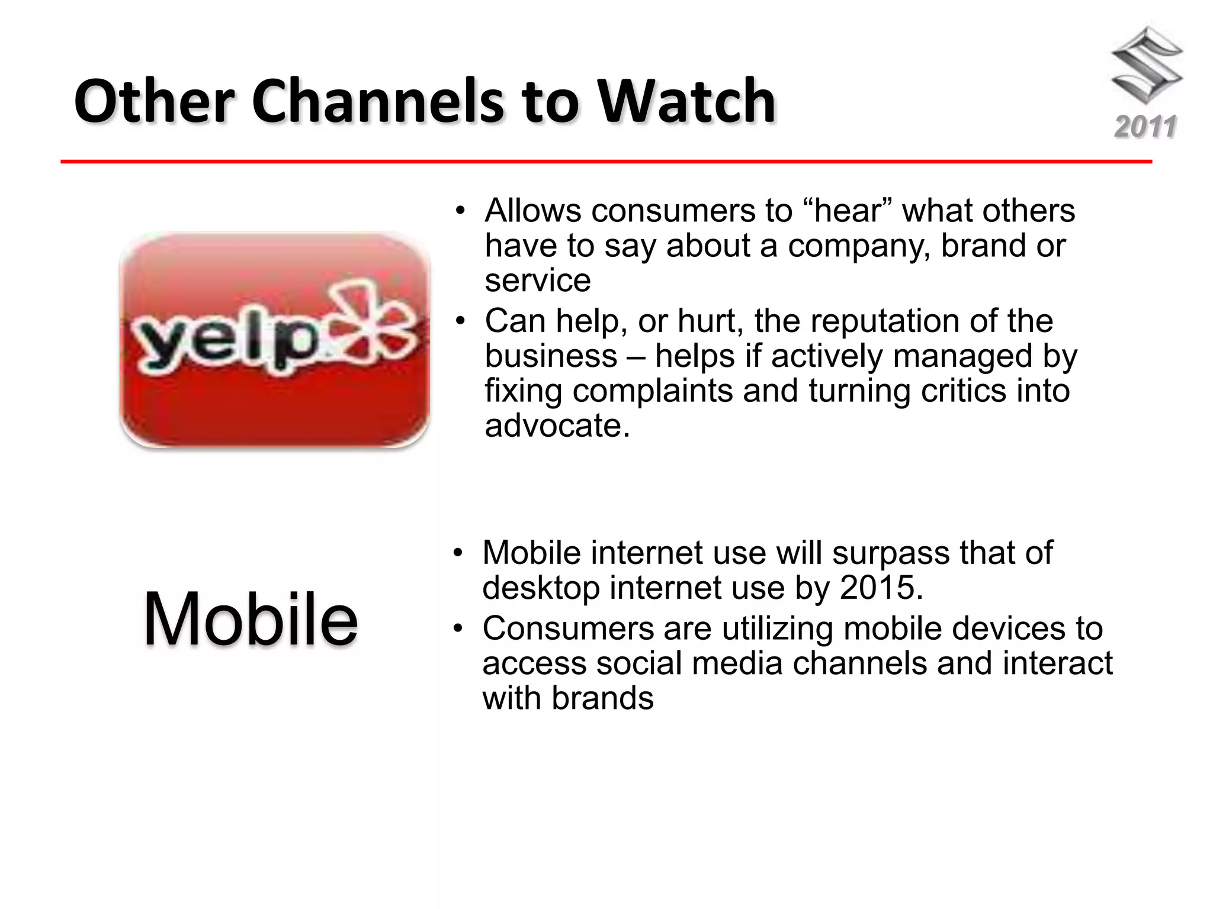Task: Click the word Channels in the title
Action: point(379,101)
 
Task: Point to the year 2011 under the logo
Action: point(1145,127)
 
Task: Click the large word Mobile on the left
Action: point(251,619)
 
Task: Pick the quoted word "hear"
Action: point(848,211)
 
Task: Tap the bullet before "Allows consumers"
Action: point(460,211)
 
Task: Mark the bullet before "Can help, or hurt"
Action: point(460,321)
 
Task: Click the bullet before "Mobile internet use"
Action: point(458,553)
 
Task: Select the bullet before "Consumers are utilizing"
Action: point(458,628)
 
